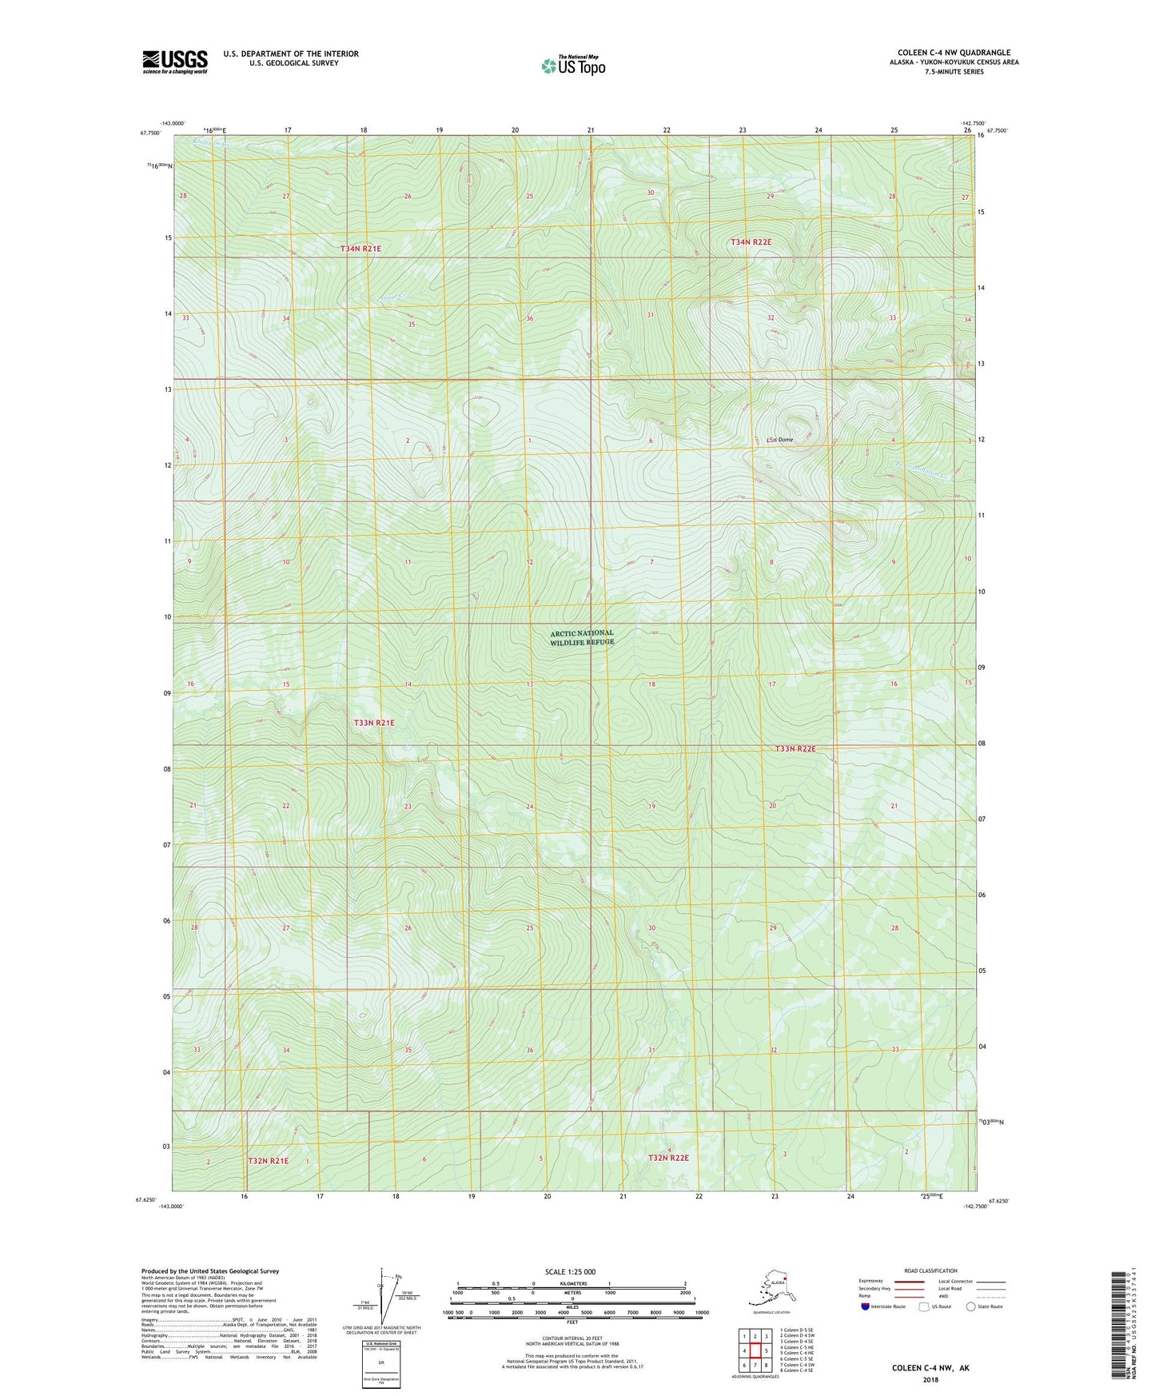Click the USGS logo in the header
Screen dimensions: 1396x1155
174,62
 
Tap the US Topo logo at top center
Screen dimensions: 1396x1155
572,66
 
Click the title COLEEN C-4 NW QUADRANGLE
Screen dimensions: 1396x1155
953,53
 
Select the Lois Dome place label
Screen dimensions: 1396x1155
779,440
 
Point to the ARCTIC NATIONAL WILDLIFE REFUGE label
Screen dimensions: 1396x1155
582,637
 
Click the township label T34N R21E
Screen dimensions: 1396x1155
361,249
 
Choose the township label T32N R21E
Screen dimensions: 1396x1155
268,1159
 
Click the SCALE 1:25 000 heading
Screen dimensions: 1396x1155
570,1271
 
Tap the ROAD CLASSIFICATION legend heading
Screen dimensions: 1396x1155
930,1270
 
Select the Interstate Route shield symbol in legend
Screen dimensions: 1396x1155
865,1306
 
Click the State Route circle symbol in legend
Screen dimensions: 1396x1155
970,1306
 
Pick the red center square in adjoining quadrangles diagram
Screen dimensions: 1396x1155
755,1351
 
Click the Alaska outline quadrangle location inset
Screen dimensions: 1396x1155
770,1289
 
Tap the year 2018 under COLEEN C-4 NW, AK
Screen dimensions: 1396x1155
930,1379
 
